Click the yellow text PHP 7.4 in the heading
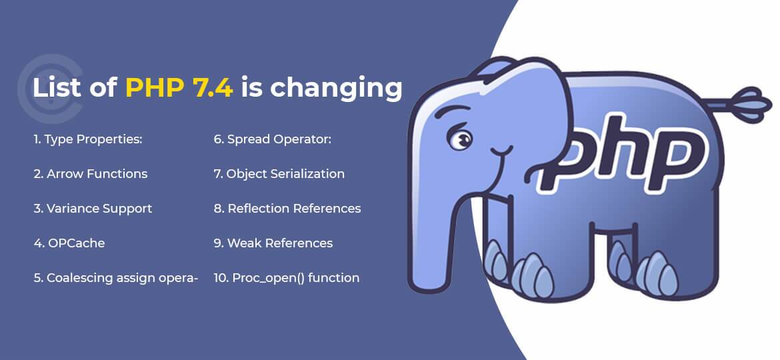pyautogui.click(x=179, y=88)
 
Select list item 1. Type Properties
pyautogui.click(x=88, y=139)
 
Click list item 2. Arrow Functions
pyautogui.click(x=90, y=174)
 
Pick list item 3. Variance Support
pyautogui.click(x=93, y=209)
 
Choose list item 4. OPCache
pyautogui.click(x=69, y=243)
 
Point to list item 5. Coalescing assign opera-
pyautogui.click(x=116, y=278)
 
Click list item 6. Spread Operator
pyautogui.click(x=273, y=139)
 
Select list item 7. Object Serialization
pyautogui.click(x=279, y=174)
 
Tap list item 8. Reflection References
pyautogui.click(x=287, y=209)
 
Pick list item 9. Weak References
pyautogui.click(x=273, y=243)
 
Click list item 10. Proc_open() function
pyautogui.click(x=286, y=278)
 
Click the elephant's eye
pyautogui.click(x=460, y=140)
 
